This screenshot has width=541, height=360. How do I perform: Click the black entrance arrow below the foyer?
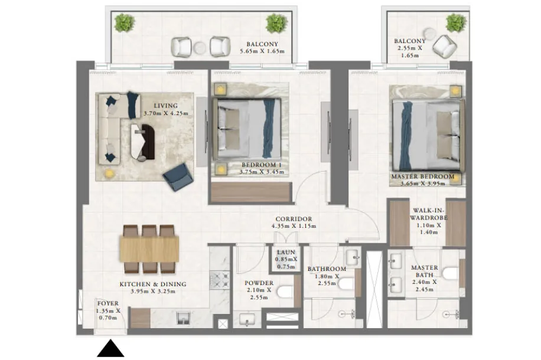110,348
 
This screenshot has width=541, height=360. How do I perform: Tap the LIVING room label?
165,106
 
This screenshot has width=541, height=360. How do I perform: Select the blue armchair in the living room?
178,176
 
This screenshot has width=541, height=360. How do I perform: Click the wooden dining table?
149,248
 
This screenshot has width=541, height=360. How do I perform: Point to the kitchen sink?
184,318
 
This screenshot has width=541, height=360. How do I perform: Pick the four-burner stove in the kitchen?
220,280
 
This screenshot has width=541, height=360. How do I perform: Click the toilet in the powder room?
285,292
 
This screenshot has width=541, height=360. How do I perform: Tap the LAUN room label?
286,253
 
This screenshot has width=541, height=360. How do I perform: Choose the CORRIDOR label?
294,219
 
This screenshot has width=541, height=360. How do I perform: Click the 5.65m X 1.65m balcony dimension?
262,51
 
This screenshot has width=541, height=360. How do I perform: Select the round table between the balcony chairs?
200,48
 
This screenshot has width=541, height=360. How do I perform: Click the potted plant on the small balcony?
456,23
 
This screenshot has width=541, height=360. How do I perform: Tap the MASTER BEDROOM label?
423,176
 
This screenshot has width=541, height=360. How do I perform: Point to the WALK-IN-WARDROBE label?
429,214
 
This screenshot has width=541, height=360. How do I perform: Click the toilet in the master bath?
451,274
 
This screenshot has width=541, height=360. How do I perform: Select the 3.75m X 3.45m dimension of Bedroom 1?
262,172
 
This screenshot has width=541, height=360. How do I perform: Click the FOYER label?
108,303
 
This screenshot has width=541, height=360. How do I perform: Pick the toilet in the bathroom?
347,284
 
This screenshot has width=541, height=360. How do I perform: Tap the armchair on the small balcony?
445,47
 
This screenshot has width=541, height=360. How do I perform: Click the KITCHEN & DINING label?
153,284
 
